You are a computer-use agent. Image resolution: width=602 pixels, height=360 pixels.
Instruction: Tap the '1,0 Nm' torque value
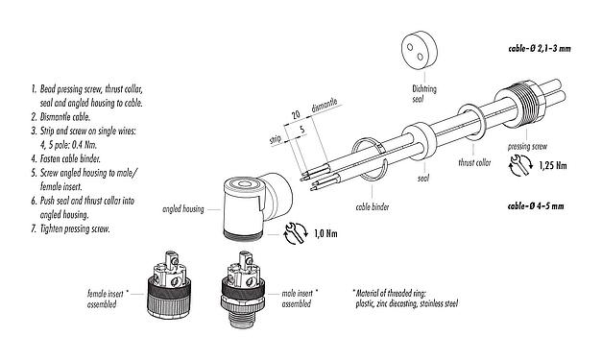coord(326,231)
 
